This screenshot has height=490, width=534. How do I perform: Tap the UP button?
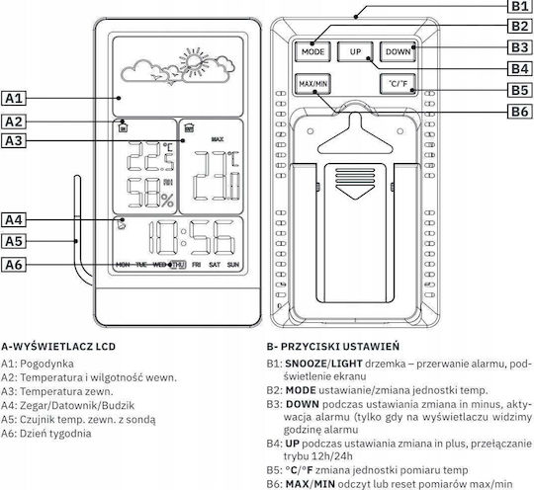[355, 51]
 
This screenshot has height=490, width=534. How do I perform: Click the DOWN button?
[398, 51]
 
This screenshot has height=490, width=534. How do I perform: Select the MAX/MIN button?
[312, 84]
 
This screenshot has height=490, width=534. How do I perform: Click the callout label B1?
[520, 6]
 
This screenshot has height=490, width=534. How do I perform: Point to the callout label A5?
[14, 241]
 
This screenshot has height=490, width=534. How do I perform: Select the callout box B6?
[520, 112]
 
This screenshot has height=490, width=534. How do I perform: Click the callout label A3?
[14, 140]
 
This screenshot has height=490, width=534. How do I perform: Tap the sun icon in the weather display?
[194, 61]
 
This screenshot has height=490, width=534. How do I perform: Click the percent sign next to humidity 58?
[167, 201]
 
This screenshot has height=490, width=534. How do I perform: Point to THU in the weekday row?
[178, 265]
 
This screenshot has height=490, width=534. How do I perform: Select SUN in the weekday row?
[233, 265]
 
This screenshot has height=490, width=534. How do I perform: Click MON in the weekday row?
[123, 265]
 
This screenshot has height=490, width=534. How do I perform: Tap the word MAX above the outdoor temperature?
[218, 139]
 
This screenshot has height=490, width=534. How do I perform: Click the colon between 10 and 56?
[184, 237]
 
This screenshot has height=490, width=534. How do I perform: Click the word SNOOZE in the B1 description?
[306, 364]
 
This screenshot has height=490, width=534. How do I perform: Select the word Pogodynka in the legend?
[46, 364]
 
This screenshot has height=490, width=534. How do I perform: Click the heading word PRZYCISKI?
[310, 347]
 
